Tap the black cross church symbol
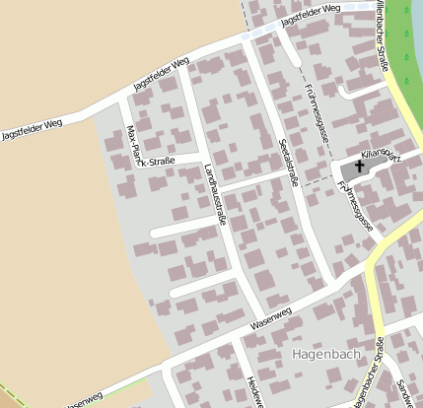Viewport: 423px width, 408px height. tap(359, 169)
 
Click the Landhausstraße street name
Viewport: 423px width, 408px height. tap(214, 193)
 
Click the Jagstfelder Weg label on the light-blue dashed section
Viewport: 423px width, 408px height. tap(310, 15)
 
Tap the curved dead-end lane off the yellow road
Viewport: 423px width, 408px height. tap(355, 90)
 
